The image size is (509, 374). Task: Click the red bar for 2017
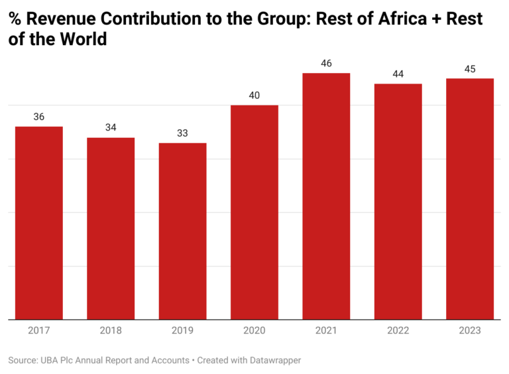pyautogui.click(x=39, y=223)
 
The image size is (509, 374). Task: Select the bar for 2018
pyautogui.click(x=111, y=228)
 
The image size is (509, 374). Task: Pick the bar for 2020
pyautogui.click(x=254, y=212)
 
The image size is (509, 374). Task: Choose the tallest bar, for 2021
pyautogui.click(x=326, y=196)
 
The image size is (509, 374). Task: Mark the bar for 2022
pyautogui.click(x=398, y=202)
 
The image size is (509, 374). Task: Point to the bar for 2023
pyautogui.click(x=470, y=199)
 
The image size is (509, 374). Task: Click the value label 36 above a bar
pyautogui.click(x=39, y=117)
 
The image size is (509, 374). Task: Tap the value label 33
pyautogui.click(x=182, y=133)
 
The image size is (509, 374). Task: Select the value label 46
pyautogui.click(x=326, y=64)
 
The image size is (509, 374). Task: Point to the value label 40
pyautogui.click(x=254, y=95)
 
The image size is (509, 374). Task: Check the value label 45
pyautogui.click(x=470, y=69)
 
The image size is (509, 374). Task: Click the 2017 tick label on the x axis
pyautogui.click(x=39, y=330)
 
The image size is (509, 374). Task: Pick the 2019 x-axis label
pyautogui.click(x=182, y=330)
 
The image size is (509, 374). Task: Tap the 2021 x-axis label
pyautogui.click(x=326, y=330)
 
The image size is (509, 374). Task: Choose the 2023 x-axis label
pyautogui.click(x=470, y=330)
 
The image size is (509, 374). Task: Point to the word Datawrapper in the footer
pyautogui.click(x=272, y=360)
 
